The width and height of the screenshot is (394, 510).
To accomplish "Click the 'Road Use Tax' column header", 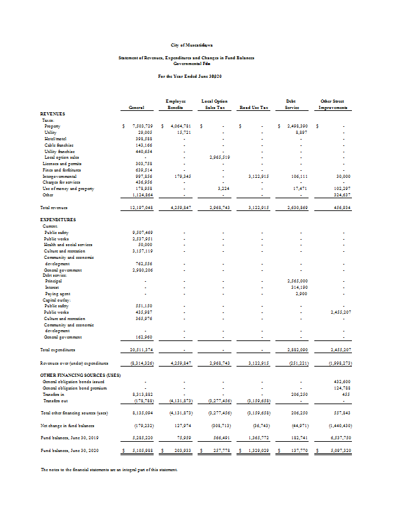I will [x=254, y=108].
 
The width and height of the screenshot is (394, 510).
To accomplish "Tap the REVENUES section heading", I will [x=52, y=113].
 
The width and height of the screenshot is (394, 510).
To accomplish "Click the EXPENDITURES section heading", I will [x=58, y=219].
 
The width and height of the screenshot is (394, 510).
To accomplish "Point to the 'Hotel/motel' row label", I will [x=55, y=138].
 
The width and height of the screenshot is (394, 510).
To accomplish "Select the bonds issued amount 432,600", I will [x=339, y=381].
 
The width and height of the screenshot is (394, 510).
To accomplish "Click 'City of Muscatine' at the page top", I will [x=196, y=45].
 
